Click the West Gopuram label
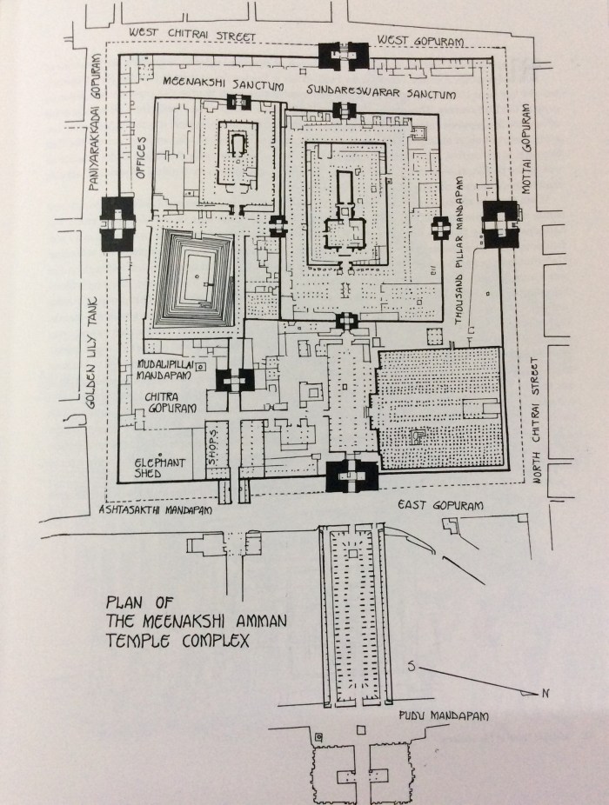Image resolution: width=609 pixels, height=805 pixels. [x=420, y=41]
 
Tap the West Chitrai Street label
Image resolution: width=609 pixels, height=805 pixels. [x=191, y=34]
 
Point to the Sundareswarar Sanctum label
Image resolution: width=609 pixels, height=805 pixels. [x=381, y=92]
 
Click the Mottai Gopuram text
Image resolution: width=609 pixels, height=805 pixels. [x=525, y=149]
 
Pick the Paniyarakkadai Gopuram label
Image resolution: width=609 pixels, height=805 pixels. [x=95, y=123]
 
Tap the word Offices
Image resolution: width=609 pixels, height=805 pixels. [x=140, y=158]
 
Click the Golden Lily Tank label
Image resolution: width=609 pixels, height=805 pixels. [x=91, y=353]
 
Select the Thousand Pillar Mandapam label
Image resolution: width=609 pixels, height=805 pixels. [x=458, y=250]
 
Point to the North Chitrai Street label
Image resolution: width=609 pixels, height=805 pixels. [x=538, y=421]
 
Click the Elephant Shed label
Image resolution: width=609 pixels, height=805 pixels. [x=159, y=467]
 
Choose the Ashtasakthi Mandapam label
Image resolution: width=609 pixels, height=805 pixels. [x=155, y=510]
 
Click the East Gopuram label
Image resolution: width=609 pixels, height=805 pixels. [x=440, y=505]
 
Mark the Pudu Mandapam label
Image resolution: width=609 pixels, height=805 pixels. [x=444, y=715]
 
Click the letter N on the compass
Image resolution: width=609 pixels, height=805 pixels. [x=545, y=693]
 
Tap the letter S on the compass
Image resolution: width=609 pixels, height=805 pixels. [x=412, y=667]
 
